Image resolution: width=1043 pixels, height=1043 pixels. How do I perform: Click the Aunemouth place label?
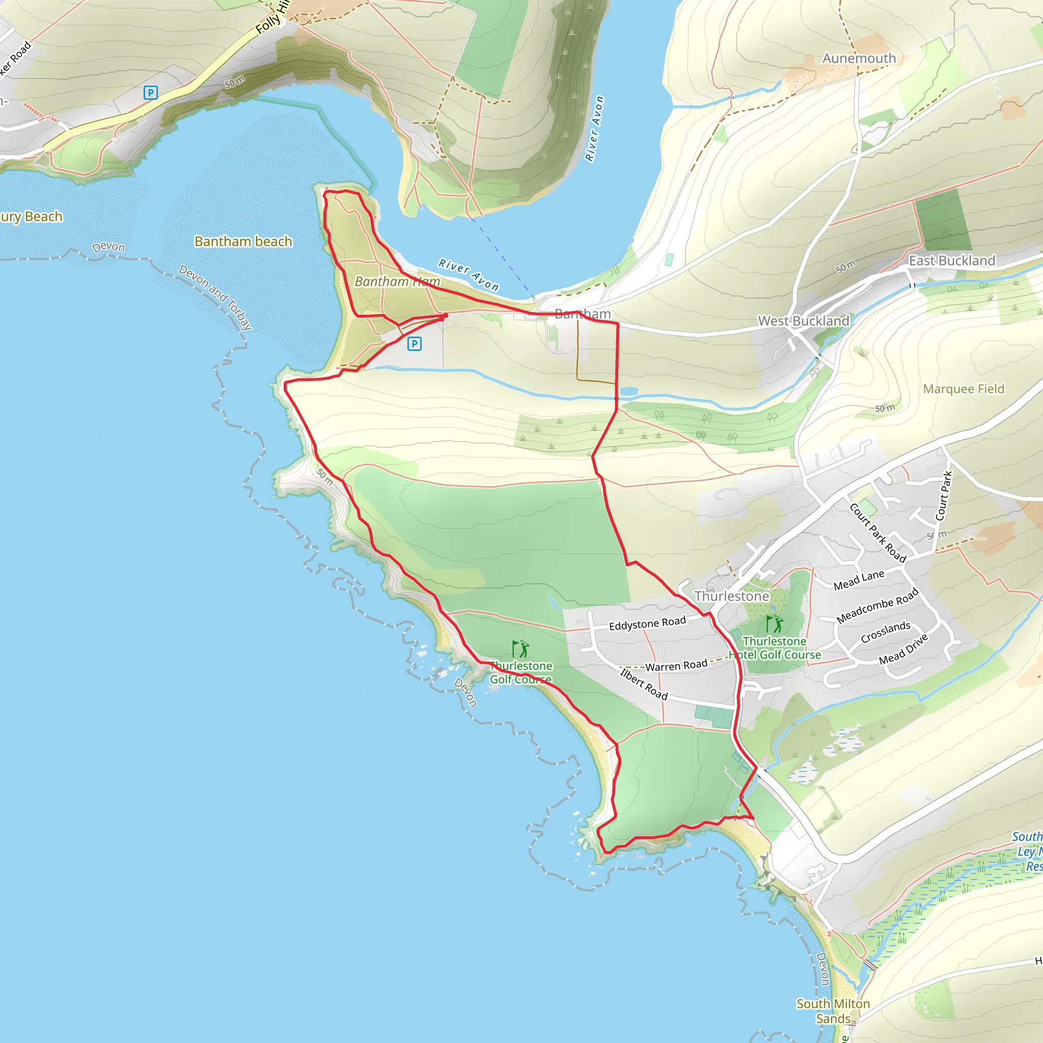point(859,58)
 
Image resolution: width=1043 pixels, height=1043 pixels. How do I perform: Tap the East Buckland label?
point(952,261)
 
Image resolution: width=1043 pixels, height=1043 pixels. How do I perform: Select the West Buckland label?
point(803,321)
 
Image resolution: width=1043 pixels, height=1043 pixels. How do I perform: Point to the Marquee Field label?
point(964,389)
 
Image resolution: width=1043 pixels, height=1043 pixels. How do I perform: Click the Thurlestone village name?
point(731,596)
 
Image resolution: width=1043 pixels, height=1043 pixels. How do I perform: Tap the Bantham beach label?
point(243,241)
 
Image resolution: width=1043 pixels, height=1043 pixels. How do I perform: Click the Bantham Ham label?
point(397,281)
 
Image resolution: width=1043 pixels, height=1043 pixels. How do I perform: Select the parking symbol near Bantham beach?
point(414,343)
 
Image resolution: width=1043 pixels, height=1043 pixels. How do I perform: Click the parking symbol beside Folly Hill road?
point(151,93)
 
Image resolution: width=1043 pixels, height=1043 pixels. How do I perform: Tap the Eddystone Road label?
point(647,623)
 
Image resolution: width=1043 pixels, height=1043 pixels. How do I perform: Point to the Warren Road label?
point(676,666)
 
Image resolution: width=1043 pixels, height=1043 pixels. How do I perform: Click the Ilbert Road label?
point(644,684)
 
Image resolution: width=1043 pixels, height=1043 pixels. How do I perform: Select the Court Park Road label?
point(877,533)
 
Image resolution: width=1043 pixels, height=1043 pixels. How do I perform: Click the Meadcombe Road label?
point(877,606)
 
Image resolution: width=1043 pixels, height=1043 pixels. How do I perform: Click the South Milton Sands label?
point(833,1010)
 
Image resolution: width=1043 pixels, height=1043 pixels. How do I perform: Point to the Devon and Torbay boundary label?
point(215,297)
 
